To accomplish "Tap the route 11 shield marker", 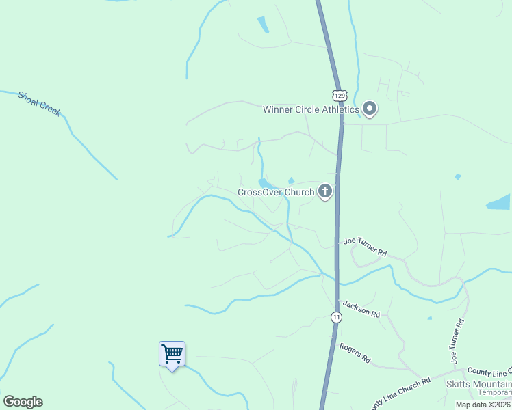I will (x=336, y=317).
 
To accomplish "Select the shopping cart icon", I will (x=172, y=354).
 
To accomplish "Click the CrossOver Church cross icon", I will (x=324, y=192).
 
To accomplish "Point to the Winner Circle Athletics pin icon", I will (x=370, y=109).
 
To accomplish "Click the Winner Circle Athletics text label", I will (x=311, y=109).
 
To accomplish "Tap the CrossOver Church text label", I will (x=275, y=193).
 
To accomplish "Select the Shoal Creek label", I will (x=40, y=101).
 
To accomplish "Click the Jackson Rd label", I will (x=361, y=309).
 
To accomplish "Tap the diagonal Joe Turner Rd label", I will (x=366, y=247).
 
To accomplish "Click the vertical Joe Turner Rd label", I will (x=457, y=340).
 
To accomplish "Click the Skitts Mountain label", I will (x=480, y=383).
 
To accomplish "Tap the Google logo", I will (x=23, y=402).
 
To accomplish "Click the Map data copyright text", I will (x=483, y=405).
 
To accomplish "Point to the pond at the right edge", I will (x=499, y=202).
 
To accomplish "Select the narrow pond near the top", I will (x=263, y=25).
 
